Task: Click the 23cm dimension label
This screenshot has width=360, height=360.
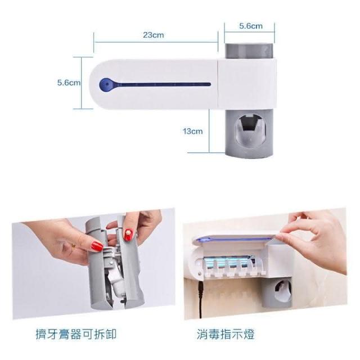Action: pos(154,35)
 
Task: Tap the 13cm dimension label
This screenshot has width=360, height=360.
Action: pos(192,131)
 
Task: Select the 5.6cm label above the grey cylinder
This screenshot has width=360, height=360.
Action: pos(251,26)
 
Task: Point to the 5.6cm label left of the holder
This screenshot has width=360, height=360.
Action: pos(69,83)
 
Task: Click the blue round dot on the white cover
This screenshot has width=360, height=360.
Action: pos(105,84)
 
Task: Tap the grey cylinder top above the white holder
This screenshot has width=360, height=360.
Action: pos(249,51)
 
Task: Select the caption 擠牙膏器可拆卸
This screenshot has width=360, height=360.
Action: pos(76,334)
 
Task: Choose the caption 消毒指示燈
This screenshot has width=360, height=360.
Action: pos(226,334)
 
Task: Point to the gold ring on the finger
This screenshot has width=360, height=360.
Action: pos(74,245)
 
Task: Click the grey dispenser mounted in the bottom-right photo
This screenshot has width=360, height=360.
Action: pos(277,292)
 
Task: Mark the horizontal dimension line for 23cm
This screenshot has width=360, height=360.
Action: pos(156,42)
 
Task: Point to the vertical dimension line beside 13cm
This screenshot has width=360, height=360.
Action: pos(209,130)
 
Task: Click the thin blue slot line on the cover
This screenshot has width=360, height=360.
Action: pos(160,85)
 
